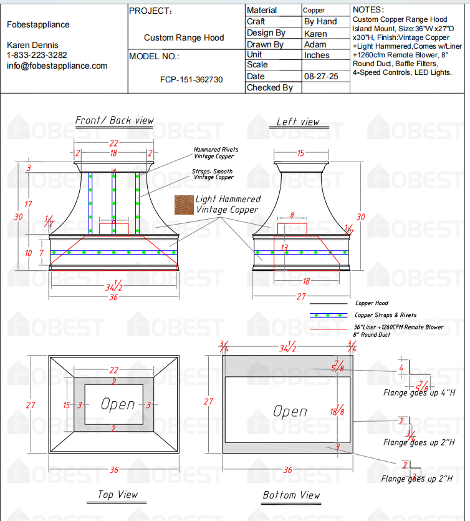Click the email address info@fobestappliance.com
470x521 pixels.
[x=57, y=66]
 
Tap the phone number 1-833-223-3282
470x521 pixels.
[x=37, y=56]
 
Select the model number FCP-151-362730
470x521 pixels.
[x=191, y=80]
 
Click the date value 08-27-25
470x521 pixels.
[x=321, y=76]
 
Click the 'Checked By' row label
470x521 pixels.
[x=269, y=88]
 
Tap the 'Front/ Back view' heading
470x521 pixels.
[x=115, y=120]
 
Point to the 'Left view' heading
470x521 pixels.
[x=298, y=122]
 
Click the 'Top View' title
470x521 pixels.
[x=118, y=495]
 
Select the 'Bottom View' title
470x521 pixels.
[x=291, y=495]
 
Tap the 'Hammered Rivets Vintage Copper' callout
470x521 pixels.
[x=216, y=153]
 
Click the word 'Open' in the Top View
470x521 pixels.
[x=118, y=404]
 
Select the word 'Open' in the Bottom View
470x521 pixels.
[x=290, y=411]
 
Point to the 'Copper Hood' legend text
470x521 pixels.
[x=372, y=303]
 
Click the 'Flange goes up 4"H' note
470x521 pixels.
[x=418, y=393]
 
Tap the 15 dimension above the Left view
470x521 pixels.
[x=300, y=153]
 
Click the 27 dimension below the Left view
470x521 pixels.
[x=300, y=296]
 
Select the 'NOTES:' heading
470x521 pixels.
[x=368, y=10]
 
